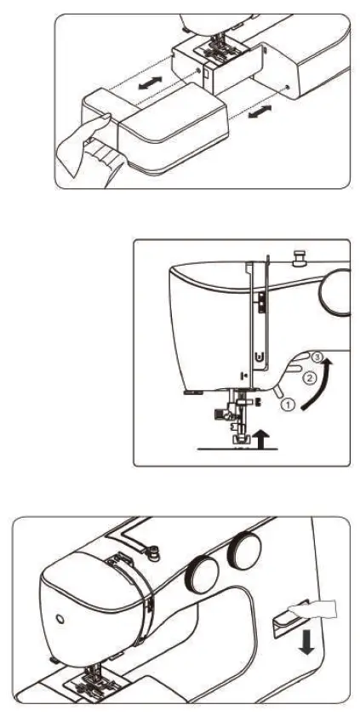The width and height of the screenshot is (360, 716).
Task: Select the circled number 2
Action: coord(310,375)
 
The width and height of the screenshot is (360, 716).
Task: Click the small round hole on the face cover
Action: coord(57,616)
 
